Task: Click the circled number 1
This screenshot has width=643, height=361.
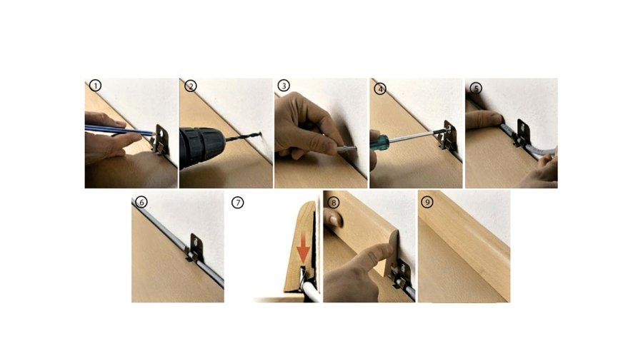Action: (95, 86)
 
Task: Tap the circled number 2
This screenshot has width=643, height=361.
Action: (191, 86)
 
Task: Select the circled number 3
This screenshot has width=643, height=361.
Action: (284, 86)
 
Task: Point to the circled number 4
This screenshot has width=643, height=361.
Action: (380, 88)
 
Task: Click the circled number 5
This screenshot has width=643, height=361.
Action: (476, 88)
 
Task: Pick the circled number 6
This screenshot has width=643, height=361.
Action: (141, 202)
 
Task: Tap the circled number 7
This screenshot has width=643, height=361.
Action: (237, 202)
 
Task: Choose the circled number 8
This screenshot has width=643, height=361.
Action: (334, 202)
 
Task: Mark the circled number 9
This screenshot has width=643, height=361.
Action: (427, 202)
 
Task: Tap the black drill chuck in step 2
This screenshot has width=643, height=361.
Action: (201, 146)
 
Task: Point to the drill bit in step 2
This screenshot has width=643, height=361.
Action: (244, 136)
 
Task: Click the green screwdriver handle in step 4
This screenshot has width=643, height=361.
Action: (379, 143)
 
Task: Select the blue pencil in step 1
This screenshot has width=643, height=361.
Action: (119, 130)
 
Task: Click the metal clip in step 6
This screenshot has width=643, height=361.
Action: (195, 248)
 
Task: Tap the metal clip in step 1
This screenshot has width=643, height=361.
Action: (161, 140)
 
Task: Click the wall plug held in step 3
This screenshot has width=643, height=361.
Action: (346, 149)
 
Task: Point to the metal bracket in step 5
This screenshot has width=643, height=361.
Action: (522, 133)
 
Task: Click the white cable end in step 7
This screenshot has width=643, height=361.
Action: (311, 291)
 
